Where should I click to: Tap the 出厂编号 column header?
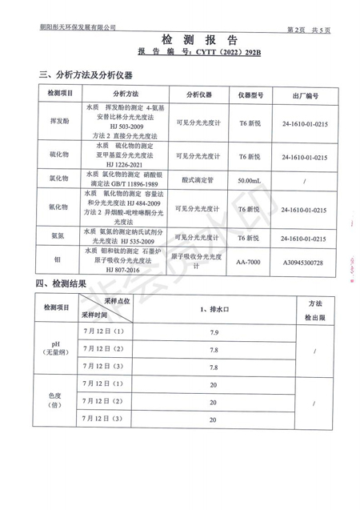click(x=305, y=94)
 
